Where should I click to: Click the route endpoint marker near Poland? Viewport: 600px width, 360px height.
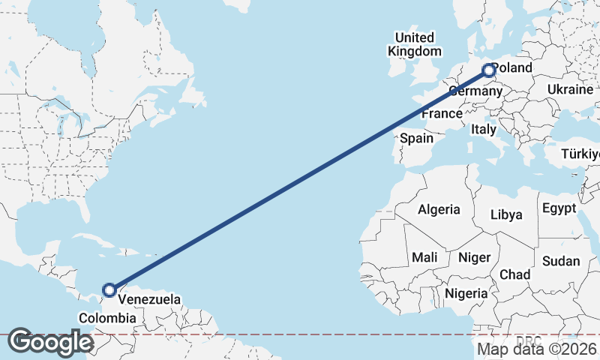[489, 71]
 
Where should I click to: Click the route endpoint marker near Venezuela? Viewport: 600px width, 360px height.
[109, 289]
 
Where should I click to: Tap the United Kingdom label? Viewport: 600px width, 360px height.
[415, 44]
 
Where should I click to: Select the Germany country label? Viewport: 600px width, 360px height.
[475, 91]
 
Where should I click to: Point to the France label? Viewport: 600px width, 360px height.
[441, 114]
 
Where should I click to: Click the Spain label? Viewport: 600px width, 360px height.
[416, 138]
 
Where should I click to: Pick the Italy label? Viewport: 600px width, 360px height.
[484, 129]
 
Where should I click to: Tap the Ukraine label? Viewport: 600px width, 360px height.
[570, 89]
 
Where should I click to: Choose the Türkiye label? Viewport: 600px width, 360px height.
[582, 154]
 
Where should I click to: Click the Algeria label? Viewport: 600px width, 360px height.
[439, 209]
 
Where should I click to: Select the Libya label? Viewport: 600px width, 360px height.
[506, 214]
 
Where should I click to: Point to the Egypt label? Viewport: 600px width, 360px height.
[559, 208]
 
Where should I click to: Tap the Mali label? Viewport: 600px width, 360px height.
[424, 257]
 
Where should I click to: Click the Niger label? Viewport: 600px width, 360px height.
[474, 257]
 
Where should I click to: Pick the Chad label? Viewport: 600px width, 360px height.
[514, 274]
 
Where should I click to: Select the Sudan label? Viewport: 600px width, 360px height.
[561, 261]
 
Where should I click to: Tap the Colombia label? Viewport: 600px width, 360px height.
[108, 318]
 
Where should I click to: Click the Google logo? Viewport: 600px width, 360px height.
[50, 342]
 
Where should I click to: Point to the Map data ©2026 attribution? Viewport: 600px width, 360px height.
[537, 349]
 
